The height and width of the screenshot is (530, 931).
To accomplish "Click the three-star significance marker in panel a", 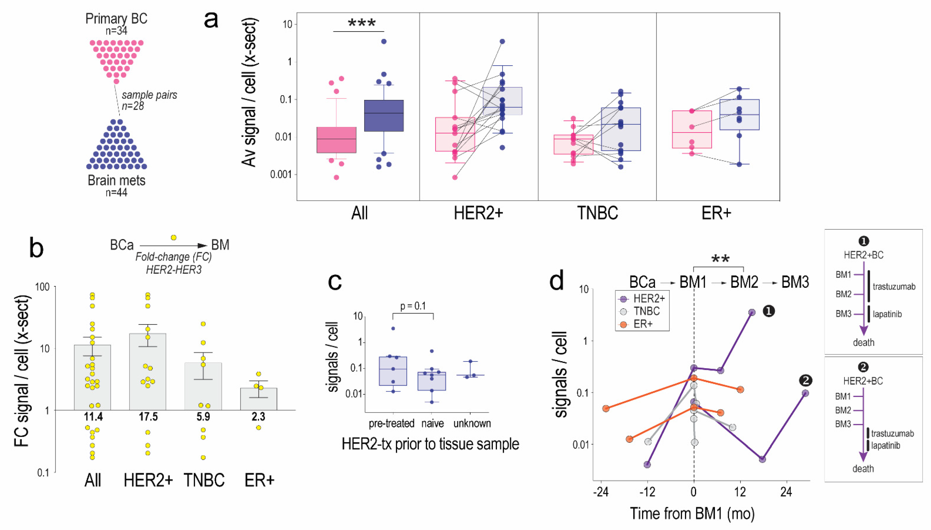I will coord(361,24).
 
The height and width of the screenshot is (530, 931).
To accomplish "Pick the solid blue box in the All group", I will coord(384,115).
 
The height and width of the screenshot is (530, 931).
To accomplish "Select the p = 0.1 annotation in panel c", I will coord(413,306).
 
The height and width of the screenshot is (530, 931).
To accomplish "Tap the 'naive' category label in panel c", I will coord(432,423).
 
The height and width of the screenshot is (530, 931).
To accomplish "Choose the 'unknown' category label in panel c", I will coord(472,423).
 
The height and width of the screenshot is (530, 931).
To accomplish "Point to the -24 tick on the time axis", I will coord(601,492).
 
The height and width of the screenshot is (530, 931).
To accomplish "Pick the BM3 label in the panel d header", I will coord(795,282).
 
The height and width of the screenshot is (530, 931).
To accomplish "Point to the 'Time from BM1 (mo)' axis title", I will coord(692,514).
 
